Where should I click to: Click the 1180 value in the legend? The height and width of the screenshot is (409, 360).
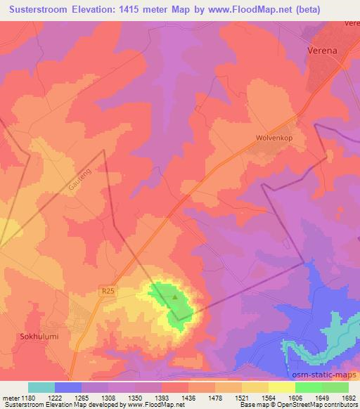click(28, 397)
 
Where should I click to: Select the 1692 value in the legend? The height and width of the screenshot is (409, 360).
click(348, 397)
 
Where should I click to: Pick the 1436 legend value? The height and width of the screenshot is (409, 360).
click(188, 397)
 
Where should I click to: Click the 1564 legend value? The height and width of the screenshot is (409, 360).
click(268, 397)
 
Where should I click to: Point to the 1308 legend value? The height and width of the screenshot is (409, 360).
click(108, 397)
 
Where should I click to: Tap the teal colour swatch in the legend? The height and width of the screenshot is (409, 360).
click(41, 387)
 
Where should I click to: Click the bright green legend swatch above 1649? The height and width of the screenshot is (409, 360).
click(308, 387)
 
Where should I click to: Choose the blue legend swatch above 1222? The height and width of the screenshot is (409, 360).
click(68, 387)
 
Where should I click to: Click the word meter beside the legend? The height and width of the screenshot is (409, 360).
click(11, 397)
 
